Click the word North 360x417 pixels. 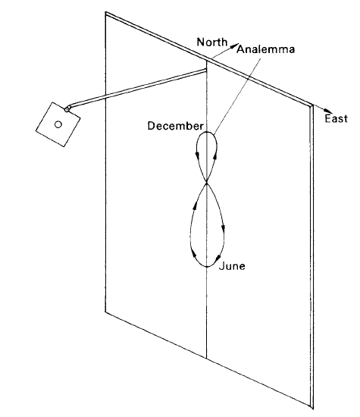click(x=212, y=42)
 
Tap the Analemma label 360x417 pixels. click(x=265, y=49)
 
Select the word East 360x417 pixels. click(x=336, y=118)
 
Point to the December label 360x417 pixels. click(x=176, y=126)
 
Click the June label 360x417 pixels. click(x=232, y=266)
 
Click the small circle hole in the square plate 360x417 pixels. click(x=58, y=124)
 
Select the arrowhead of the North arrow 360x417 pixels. click(x=233, y=46)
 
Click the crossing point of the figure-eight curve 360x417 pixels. click(x=207, y=183)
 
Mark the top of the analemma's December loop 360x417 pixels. click(x=207, y=132)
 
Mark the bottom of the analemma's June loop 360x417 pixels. click(x=207, y=266)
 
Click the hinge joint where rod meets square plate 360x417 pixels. click(x=67, y=108)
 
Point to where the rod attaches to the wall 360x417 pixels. click(x=206, y=71)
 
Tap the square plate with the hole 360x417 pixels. click(x=58, y=124)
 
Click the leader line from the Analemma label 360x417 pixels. click(x=237, y=95)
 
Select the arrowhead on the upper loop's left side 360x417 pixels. click(x=198, y=154)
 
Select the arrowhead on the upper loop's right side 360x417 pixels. click(x=214, y=156)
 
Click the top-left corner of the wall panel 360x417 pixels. click(x=106, y=12)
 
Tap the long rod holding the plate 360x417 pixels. click(x=137, y=89)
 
